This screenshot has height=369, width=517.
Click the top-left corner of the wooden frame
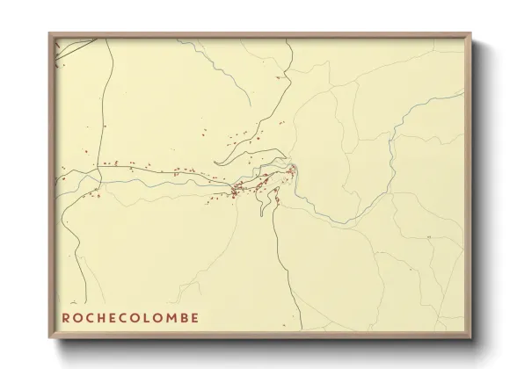pyautogui.click(x=48, y=33)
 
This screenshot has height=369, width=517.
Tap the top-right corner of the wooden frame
pyautogui.click(x=472, y=33)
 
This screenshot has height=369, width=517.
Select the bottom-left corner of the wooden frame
pyautogui.click(x=48, y=339)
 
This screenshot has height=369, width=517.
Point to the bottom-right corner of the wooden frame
pyautogui.click(x=472, y=339)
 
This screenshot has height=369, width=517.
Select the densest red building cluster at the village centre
pyautogui.click(x=239, y=188)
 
